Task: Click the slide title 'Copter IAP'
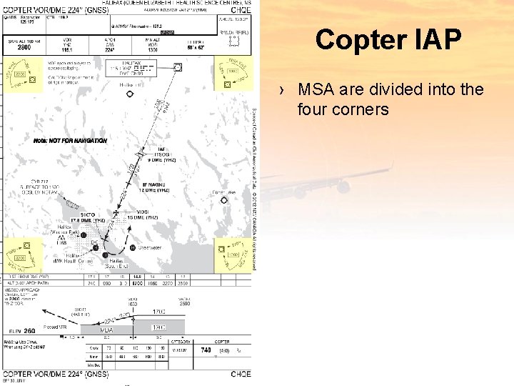click(388, 40)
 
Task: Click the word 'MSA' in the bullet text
click(313, 90)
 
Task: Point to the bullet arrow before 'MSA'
click(283, 91)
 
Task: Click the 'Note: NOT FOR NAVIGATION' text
click(70, 141)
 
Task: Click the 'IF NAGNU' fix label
click(153, 185)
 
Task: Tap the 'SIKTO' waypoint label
click(88, 214)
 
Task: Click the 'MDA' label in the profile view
click(106, 330)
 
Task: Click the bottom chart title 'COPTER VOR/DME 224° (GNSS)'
click(56, 373)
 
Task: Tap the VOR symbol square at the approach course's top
click(177, 67)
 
